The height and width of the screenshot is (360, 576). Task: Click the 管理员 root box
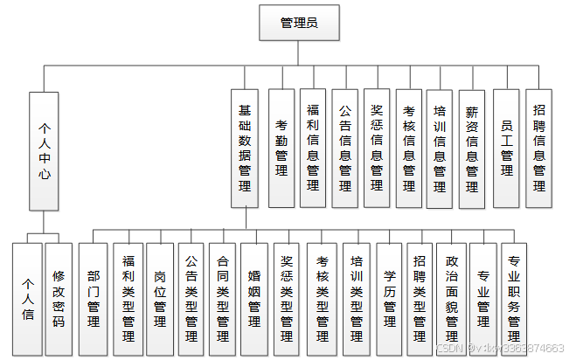pyautogui.click(x=298, y=23)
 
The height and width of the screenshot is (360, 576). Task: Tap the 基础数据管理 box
pyautogui.click(x=245, y=149)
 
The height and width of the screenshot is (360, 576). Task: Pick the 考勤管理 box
pyautogui.click(x=281, y=149)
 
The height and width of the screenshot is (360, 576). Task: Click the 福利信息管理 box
pyautogui.click(x=313, y=149)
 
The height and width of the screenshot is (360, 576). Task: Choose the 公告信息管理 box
pyautogui.click(x=345, y=149)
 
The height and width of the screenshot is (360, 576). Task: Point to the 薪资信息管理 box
pyautogui.click(x=472, y=149)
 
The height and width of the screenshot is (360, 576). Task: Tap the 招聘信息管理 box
pyautogui.click(x=539, y=149)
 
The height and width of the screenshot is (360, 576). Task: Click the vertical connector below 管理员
pyautogui.click(x=298, y=52)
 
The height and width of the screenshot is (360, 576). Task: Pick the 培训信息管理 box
pyautogui.click(x=440, y=149)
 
